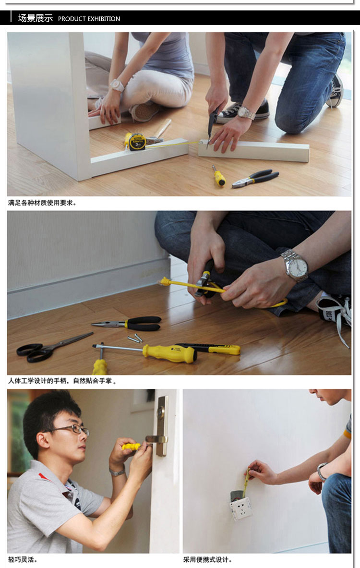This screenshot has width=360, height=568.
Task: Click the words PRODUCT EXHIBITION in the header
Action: click(x=89, y=19)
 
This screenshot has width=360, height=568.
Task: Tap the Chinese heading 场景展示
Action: click(x=35, y=18)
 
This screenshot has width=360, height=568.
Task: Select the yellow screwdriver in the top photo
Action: click(x=219, y=177)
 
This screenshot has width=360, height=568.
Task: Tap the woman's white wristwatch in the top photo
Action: click(x=117, y=85)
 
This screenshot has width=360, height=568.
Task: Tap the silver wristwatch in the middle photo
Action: click(x=294, y=265)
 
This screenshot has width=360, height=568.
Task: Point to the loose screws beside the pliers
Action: click(x=135, y=338)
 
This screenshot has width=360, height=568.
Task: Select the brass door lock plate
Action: click(x=162, y=425)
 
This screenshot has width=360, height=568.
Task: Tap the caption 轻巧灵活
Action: click(x=23, y=560)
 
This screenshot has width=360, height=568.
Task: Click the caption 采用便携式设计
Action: click(x=207, y=560)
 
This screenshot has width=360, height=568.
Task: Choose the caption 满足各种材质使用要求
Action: click(x=42, y=203)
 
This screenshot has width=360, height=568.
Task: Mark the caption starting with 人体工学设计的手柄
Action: click(x=62, y=381)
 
